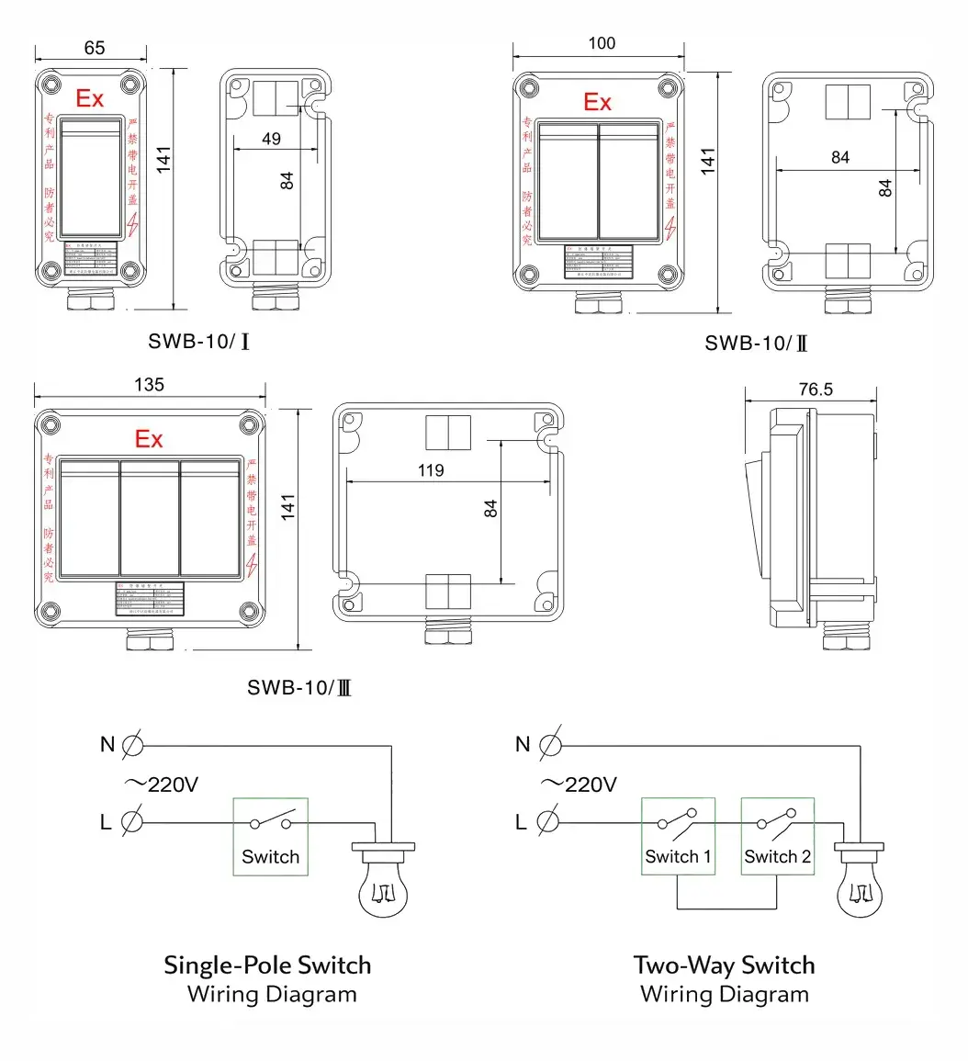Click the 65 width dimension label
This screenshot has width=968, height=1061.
click(x=94, y=48)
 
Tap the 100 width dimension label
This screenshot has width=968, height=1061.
click(x=602, y=43)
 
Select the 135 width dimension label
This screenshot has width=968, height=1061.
click(x=149, y=384)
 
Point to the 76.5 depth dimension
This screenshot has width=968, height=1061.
click(x=815, y=389)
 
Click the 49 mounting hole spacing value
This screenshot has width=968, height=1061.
click(x=272, y=140)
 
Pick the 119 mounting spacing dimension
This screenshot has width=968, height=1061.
click(x=430, y=470)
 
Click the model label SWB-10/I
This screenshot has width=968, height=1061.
click(x=199, y=342)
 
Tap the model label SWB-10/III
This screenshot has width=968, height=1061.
click(x=299, y=687)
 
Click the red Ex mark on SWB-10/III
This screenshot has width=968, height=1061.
click(x=149, y=439)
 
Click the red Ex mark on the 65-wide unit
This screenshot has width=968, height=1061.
click(x=90, y=99)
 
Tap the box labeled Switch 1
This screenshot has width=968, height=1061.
click(x=678, y=836)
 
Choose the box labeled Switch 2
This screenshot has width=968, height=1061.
click(x=777, y=836)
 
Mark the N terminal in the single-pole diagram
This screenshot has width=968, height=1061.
click(x=132, y=744)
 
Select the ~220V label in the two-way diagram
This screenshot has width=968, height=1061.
click(x=579, y=784)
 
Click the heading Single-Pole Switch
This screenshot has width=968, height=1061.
click(x=267, y=965)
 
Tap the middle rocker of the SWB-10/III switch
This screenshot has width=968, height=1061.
click(x=150, y=519)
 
